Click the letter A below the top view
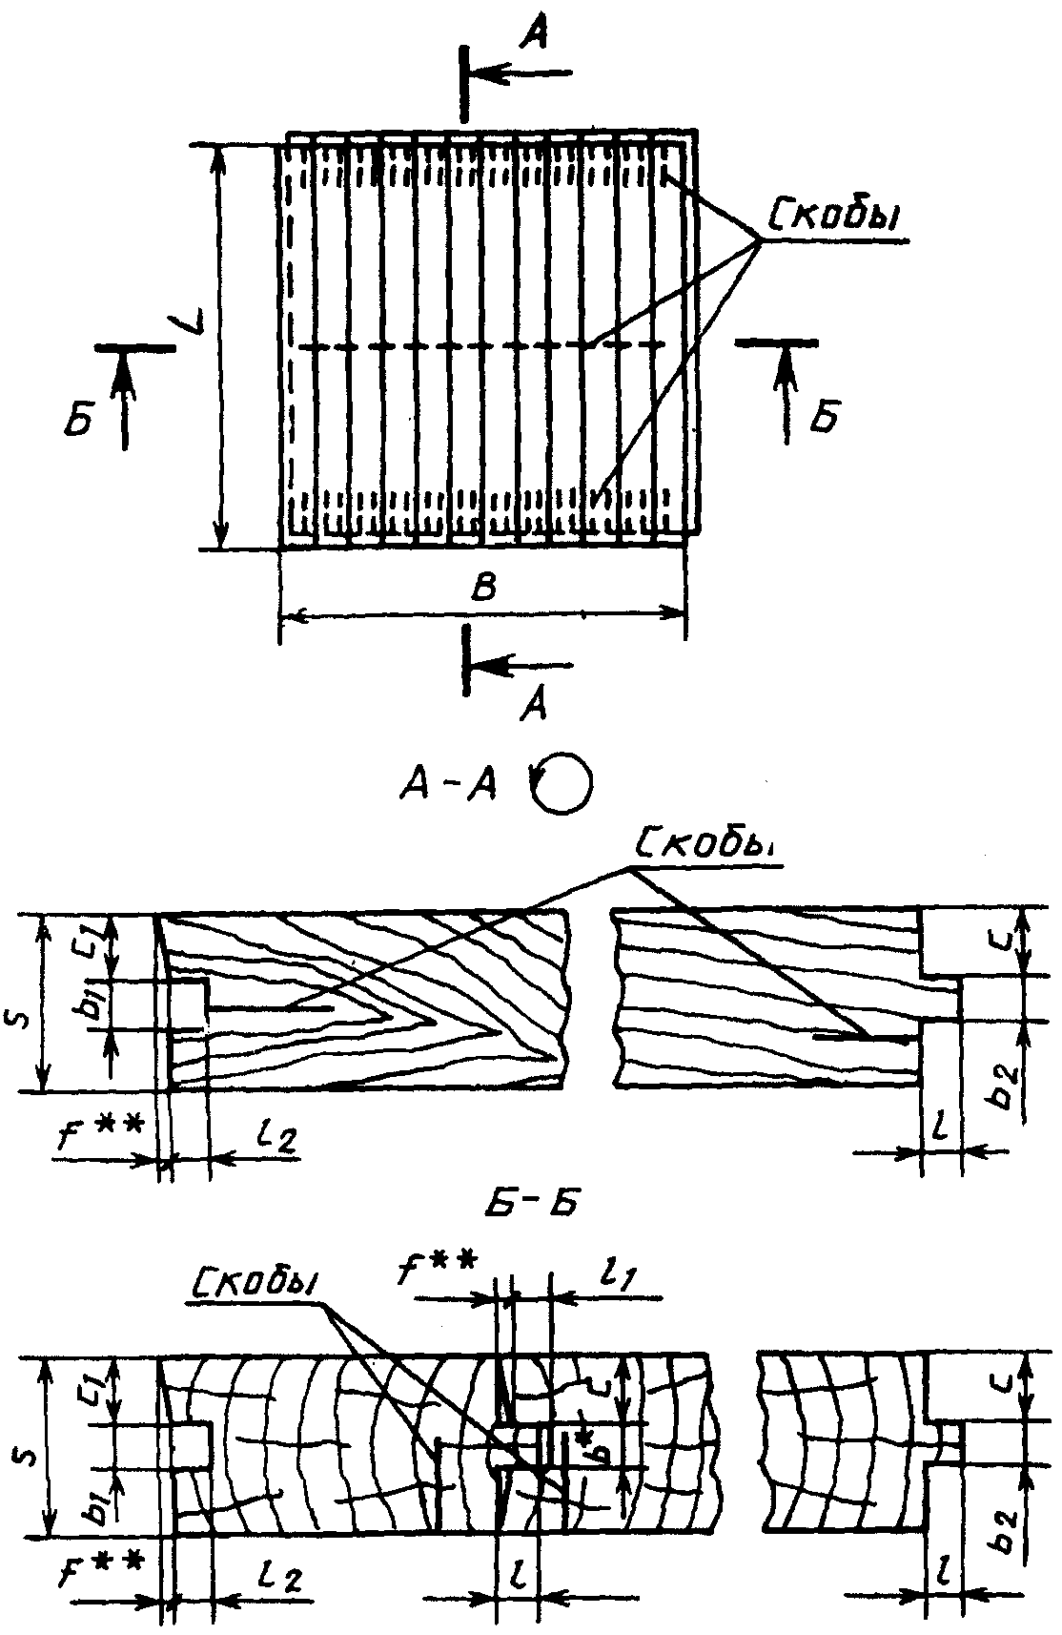coord(536,703)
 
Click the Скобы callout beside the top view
coord(835,218)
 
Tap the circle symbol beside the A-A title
coord(562,784)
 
